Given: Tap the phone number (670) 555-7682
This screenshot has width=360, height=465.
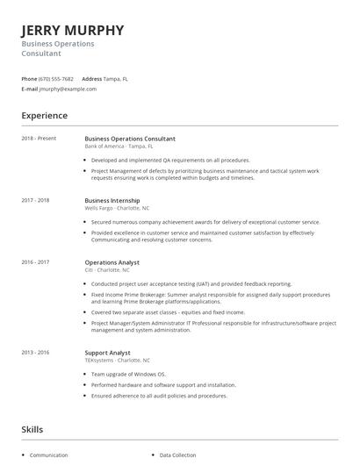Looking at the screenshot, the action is pos(56,79).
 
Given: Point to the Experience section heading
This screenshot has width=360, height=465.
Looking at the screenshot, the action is pos(44,116).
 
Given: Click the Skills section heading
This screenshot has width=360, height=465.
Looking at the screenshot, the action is pos(32,429).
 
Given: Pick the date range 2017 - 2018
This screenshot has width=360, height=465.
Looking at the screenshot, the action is pos(35,200).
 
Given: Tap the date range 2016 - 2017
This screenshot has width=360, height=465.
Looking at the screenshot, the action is pos(35,261).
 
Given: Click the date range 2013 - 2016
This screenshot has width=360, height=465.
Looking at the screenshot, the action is pos(35,353).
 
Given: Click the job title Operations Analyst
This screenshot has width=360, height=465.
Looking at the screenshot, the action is pos(113,261).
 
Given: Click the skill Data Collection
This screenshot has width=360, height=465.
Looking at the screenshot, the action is pos(179,456).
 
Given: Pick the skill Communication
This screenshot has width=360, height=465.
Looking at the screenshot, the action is pos(48,456).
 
